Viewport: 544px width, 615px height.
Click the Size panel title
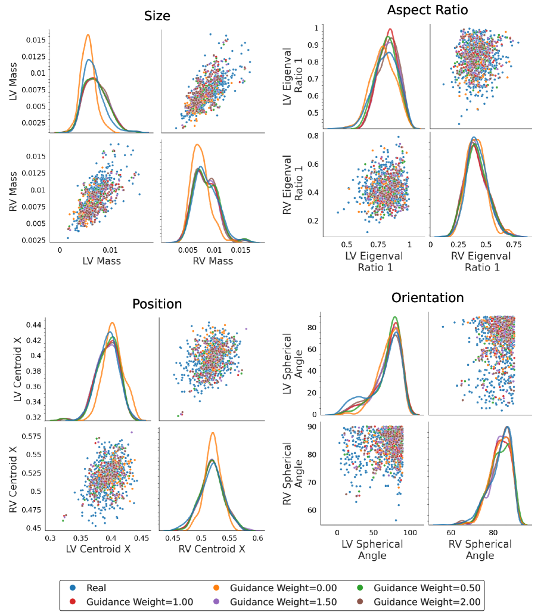pyautogui.click(x=157, y=16)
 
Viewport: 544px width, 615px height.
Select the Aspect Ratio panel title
pyautogui.click(x=427, y=10)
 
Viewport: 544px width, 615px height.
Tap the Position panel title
pyautogui.click(x=157, y=303)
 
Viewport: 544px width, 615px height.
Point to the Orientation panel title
pyautogui.click(x=427, y=297)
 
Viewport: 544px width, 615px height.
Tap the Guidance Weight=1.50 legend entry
pyautogui.click(x=278, y=602)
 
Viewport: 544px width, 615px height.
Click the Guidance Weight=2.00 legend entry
pyautogui.click(x=428, y=602)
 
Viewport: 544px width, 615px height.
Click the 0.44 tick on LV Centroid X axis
pyautogui.click(x=34, y=325)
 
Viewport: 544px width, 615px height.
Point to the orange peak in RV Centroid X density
pyautogui.click(x=212, y=433)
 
